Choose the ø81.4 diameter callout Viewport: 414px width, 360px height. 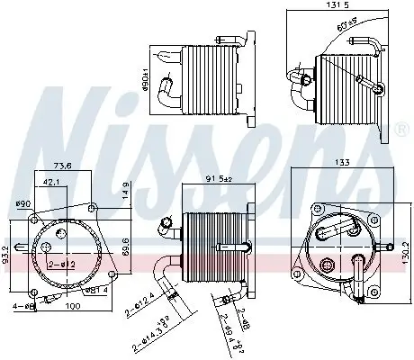(x=96, y=290)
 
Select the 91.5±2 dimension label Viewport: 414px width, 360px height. (x=219, y=179)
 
